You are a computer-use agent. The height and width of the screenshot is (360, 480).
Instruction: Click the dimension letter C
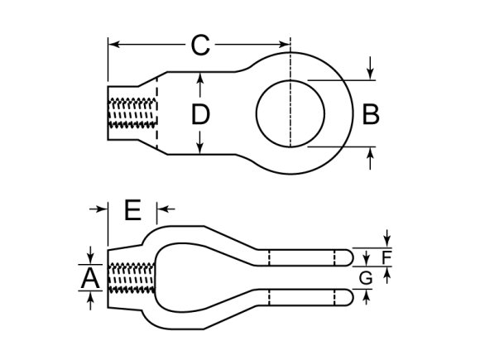[199, 46]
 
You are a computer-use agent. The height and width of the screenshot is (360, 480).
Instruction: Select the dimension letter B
[372, 114]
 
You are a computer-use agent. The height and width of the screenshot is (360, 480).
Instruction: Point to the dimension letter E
[132, 210]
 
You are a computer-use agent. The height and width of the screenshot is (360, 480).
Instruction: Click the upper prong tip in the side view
[348, 256]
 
